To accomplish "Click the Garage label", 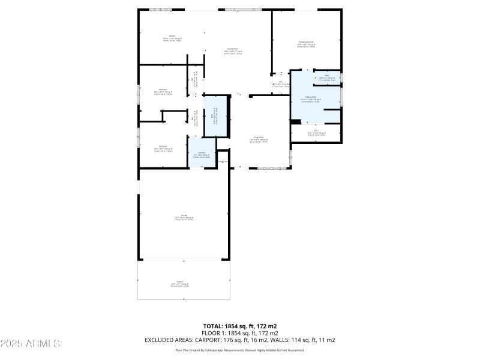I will pyautogui.click(x=184, y=217).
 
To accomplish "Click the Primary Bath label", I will pyautogui.click(x=311, y=98).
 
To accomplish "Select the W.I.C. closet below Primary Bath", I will pyautogui.click(x=316, y=133).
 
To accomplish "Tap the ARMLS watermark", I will pyautogui.click(x=30, y=344).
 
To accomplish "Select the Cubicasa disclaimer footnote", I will pyautogui.click(x=239, y=350).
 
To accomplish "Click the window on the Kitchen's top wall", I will pyautogui.click(x=160, y=10).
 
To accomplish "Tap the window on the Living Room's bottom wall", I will pyautogui.click(x=266, y=167).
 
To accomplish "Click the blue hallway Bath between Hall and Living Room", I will pyautogui.click(x=216, y=118).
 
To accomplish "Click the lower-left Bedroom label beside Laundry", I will pyautogui.click(x=163, y=147).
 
